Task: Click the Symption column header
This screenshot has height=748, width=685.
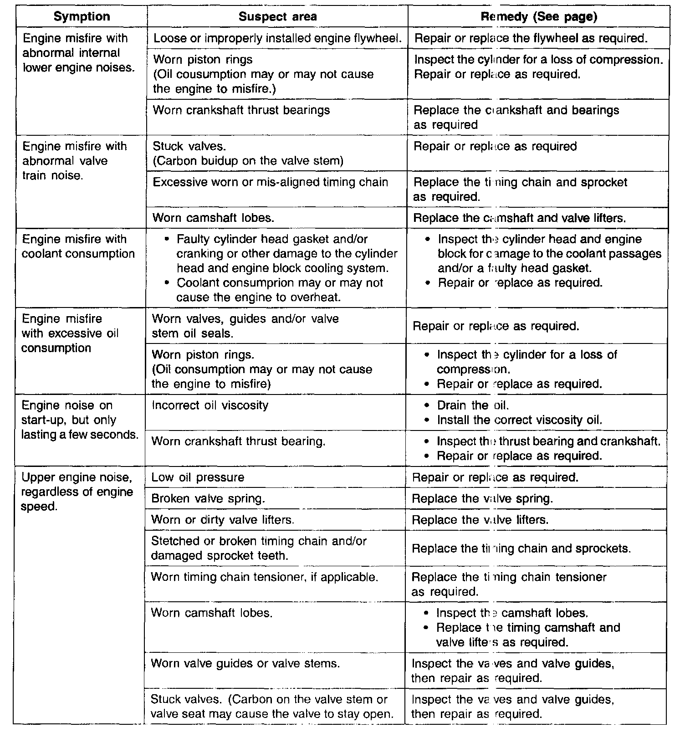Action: (82, 17)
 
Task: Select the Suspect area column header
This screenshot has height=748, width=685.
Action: (277, 17)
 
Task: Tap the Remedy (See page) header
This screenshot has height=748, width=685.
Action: (538, 17)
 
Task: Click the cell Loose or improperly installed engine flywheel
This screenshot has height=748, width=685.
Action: (277, 38)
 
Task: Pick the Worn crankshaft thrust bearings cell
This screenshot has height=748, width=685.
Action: (241, 110)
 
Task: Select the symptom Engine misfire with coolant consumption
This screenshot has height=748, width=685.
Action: (78, 246)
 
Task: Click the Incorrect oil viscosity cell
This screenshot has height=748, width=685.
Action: (210, 405)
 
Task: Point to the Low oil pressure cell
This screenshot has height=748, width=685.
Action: (198, 477)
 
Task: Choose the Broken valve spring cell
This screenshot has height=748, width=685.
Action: (208, 499)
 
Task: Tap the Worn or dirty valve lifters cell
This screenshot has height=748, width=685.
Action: (222, 520)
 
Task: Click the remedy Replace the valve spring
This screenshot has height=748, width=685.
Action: (482, 499)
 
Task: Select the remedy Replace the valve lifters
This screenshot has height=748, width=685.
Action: (480, 520)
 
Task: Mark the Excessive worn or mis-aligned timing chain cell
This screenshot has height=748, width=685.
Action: (271, 182)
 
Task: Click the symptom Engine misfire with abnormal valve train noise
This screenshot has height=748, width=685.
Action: (75, 161)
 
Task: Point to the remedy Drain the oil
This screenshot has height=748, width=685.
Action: (472, 405)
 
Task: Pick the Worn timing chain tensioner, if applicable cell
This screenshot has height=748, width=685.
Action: (265, 577)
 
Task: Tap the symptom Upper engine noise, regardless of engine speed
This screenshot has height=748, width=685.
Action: (77, 492)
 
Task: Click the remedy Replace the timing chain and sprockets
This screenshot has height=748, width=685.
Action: (521, 548)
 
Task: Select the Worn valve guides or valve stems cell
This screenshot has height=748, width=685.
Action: (245, 664)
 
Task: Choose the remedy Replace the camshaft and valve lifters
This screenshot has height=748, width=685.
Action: (519, 218)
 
